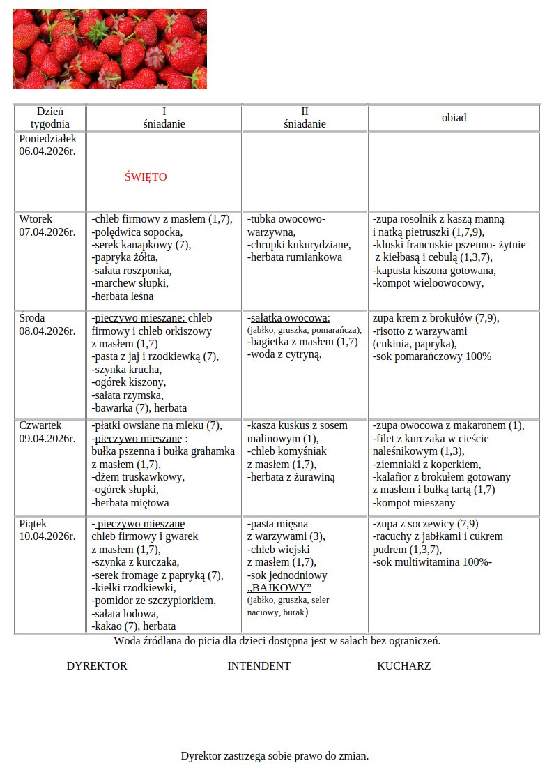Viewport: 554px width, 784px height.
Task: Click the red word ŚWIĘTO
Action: point(146,177)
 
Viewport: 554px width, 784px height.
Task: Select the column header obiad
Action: point(454,118)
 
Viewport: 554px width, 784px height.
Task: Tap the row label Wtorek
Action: point(36,219)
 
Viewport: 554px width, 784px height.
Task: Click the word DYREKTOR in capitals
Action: point(97,666)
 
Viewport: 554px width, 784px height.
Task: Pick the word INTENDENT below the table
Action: point(259,666)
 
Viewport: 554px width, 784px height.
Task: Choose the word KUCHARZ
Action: point(403,666)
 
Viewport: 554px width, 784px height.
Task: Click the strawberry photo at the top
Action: point(109,49)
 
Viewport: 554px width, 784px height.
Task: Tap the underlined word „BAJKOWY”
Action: point(279,588)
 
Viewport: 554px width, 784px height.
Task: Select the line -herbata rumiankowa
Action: point(294,257)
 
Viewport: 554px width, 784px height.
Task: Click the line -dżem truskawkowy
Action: point(138,477)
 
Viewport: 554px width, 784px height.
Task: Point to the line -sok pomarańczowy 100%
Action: point(432,356)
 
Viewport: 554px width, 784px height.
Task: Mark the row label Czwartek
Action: point(40,425)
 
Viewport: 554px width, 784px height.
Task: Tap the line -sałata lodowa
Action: point(125,614)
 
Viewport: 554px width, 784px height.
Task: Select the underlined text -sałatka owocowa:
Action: point(288,318)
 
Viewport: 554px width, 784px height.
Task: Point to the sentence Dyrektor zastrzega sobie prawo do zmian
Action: point(275,756)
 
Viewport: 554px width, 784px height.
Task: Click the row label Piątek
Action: point(34,523)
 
